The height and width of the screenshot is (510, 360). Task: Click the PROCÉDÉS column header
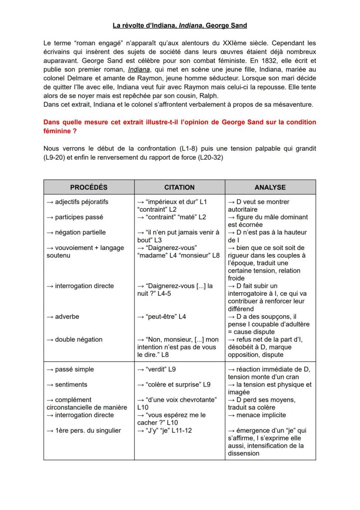pyautogui.click(x=89, y=187)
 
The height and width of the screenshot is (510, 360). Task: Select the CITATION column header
pyautogui.click(x=179, y=187)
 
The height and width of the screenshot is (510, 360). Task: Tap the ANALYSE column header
pyautogui.click(x=270, y=187)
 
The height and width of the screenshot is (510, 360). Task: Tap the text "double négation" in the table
pyautogui.click(x=74, y=340)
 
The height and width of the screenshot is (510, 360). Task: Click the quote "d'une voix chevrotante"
pyautogui.click(x=180, y=400)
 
